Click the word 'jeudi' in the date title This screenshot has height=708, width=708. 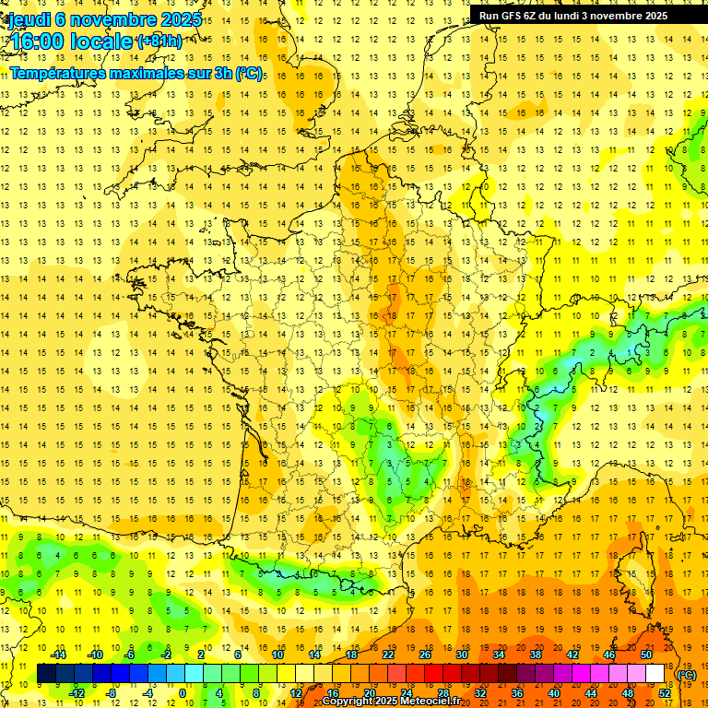[x=28, y=18]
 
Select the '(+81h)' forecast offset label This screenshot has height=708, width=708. [x=159, y=41]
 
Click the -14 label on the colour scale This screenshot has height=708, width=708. [x=59, y=655]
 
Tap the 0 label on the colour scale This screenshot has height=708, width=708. [x=182, y=693]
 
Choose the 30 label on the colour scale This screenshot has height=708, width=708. [x=461, y=655]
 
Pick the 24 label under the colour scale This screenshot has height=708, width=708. [x=406, y=693]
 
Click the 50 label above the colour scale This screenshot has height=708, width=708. [x=646, y=655]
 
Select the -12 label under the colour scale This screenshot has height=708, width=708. [x=77, y=693]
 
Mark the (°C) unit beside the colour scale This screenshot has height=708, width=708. [x=687, y=675]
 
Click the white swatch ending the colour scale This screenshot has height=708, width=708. [x=655, y=674]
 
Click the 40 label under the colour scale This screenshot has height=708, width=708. [x=554, y=693]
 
